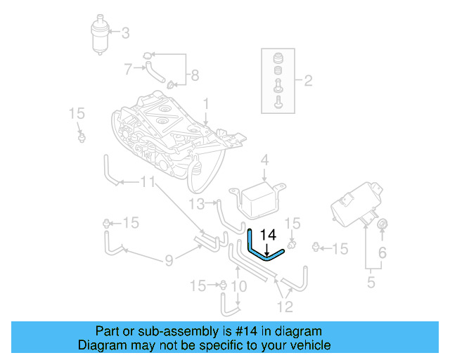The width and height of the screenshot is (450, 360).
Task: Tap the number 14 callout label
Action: pos(268,235)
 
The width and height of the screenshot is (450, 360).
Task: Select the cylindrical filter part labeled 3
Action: pos(103,34)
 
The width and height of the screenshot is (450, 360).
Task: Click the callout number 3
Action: pos(126,32)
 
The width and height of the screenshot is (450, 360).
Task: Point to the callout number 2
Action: pos(308,80)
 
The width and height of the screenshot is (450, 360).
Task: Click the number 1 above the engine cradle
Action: pos(206,104)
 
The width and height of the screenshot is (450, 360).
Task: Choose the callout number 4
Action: pos(264,162)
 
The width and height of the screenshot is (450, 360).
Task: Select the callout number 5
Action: pos(371,283)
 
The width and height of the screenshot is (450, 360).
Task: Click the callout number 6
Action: pos(382,252)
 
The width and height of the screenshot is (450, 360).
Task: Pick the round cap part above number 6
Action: pos(382,224)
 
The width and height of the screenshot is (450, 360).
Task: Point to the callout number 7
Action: pos(129,69)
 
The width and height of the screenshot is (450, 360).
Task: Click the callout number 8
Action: pos(195,75)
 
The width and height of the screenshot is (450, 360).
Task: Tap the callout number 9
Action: pos(169,262)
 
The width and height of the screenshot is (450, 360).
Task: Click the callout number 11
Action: pos(147,183)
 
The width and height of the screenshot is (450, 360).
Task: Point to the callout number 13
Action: pos(196,204)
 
